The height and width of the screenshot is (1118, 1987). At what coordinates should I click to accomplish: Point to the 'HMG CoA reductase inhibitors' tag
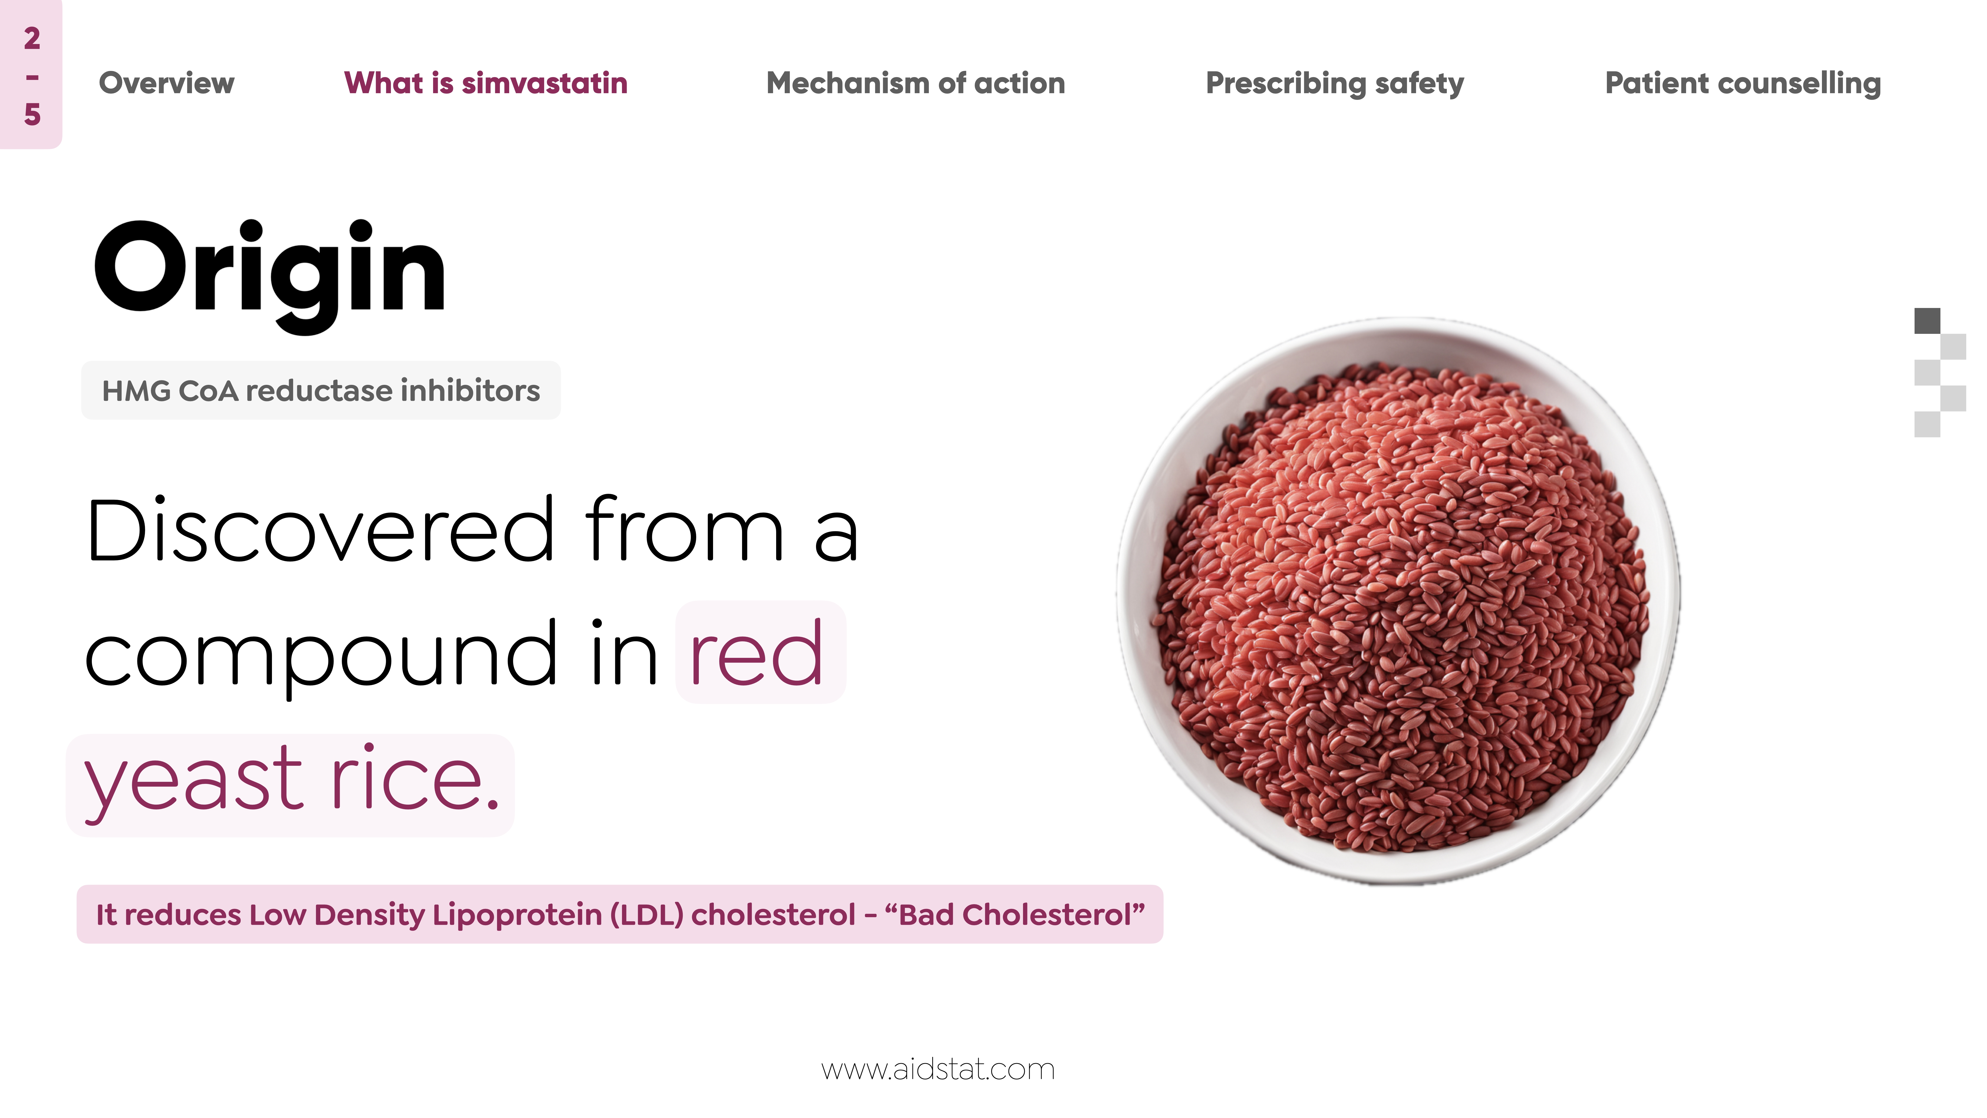(x=321, y=391)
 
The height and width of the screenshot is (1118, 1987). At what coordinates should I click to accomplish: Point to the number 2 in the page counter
(x=32, y=39)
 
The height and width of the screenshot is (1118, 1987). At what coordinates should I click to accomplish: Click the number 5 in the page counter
(x=32, y=114)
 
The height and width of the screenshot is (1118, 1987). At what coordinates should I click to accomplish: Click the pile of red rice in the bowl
(x=1400, y=606)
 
